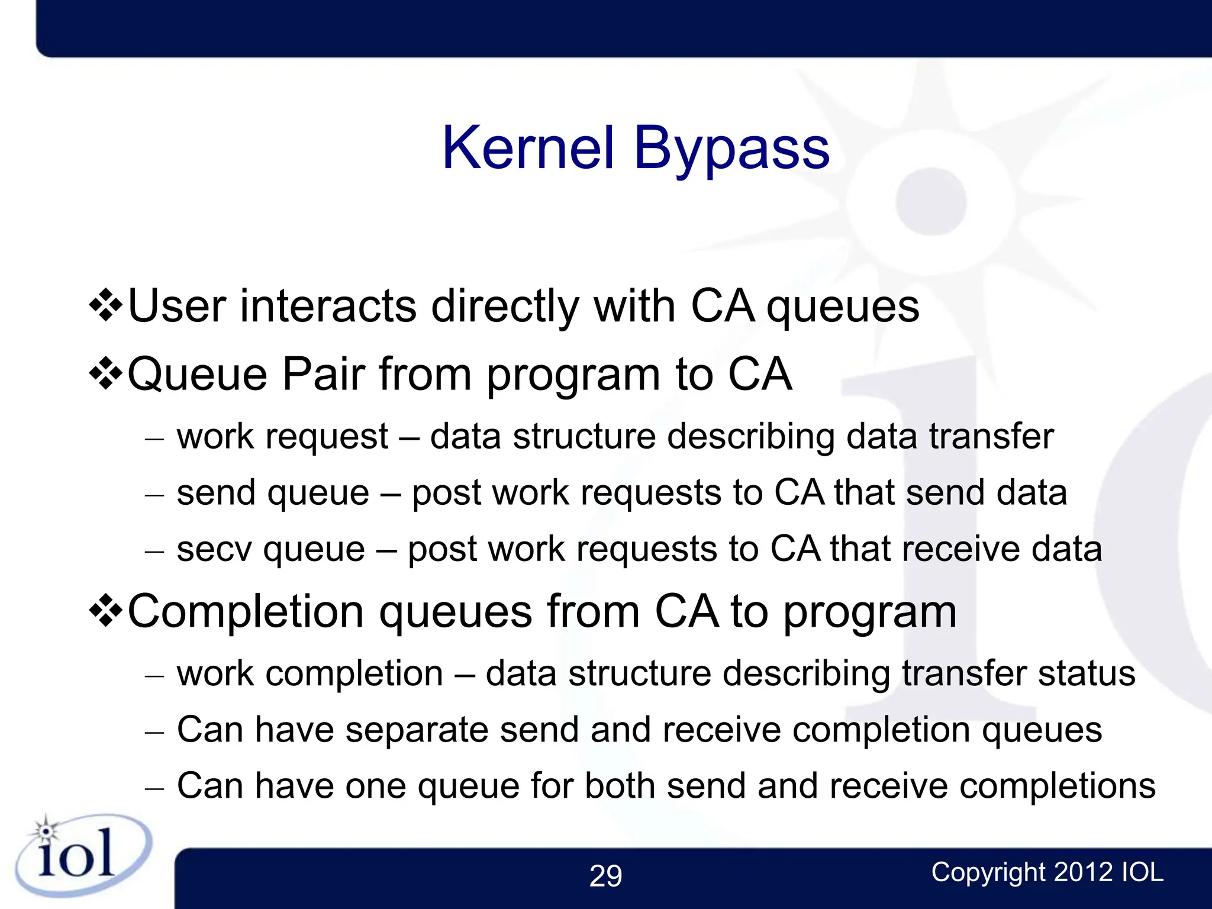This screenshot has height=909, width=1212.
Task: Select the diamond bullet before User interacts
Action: pos(106,306)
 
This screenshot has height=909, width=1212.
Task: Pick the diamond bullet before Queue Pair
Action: pos(106,374)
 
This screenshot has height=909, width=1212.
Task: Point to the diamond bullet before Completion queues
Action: pos(106,611)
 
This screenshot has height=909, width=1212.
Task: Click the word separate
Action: pos(417,730)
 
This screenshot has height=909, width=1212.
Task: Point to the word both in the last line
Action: pos(620,786)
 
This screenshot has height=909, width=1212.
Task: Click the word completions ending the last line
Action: pos(1057,787)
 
